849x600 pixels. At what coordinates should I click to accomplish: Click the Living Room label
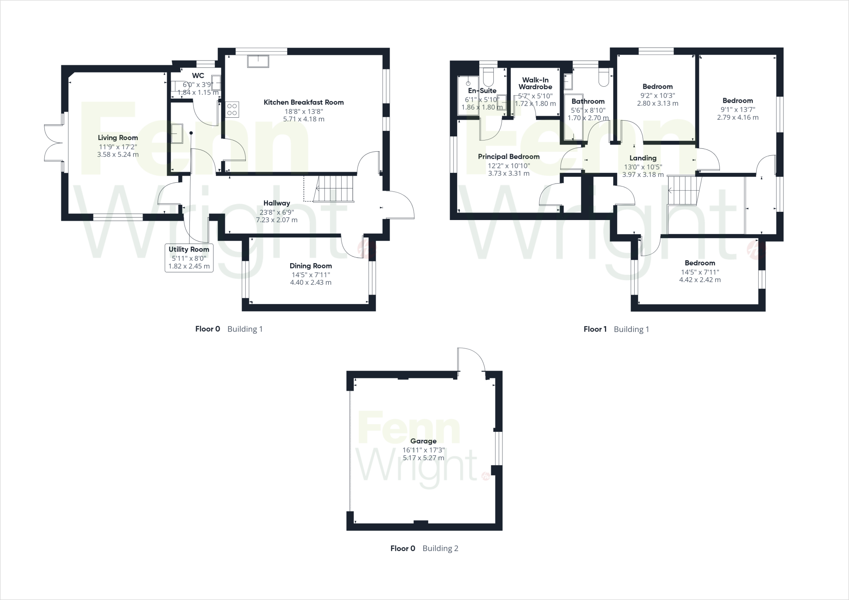[x=118, y=138]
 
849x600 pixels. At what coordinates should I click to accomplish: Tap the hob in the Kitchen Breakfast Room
[x=233, y=109]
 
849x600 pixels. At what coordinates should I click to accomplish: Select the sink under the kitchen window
[x=258, y=61]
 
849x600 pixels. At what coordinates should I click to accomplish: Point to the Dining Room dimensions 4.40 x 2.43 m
[x=310, y=283]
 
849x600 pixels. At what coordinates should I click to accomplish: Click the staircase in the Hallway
[x=334, y=189]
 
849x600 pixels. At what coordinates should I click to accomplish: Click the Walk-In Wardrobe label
[x=535, y=83]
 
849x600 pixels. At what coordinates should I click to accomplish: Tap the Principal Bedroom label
[x=509, y=157]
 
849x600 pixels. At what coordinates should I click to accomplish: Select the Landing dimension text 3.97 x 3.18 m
[x=643, y=175]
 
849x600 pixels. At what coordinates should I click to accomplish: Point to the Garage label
[x=423, y=441]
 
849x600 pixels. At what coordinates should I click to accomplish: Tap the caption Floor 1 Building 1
[x=616, y=329]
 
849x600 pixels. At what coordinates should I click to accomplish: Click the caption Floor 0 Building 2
[x=424, y=549]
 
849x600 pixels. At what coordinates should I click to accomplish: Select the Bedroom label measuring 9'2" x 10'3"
[x=657, y=87]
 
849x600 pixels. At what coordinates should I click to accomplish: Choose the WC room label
[x=198, y=75]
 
